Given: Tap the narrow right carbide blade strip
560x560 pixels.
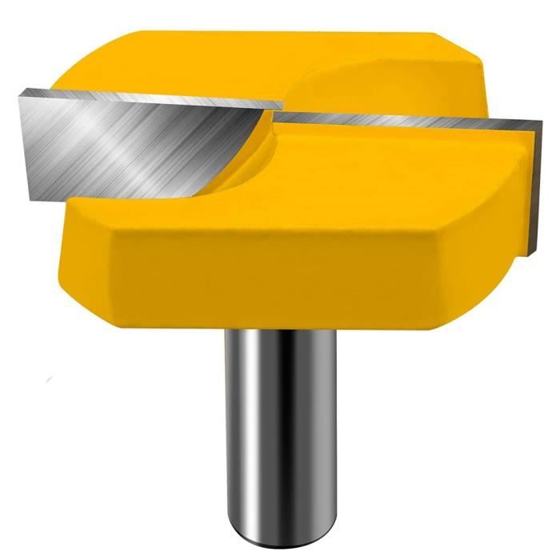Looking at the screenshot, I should click(400, 122).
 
